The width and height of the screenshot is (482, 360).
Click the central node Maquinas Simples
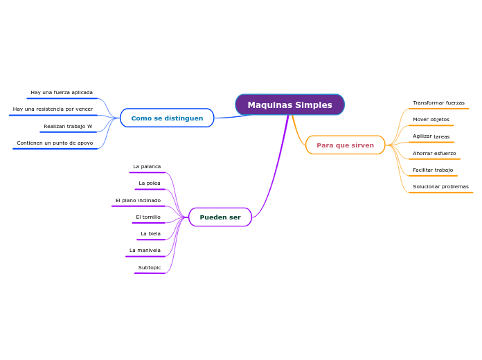pos(289,105)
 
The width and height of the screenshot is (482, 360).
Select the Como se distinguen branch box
pos(167,118)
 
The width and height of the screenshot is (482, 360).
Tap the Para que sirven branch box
pos(345,145)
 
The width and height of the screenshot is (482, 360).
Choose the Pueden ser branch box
pos(220,217)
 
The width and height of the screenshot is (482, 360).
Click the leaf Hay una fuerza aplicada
pos(62,92)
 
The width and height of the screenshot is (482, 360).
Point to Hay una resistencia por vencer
pos(53,109)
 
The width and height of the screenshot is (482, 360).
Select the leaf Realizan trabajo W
pos(68,127)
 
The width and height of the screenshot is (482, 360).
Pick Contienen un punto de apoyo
pos(55,143)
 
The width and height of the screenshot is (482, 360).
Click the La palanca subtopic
pos(147,167)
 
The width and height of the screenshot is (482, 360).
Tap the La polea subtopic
pos(150,183)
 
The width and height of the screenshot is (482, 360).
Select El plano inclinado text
pos(138,201)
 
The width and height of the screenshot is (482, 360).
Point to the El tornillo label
pos(148,217)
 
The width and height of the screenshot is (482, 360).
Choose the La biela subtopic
pos(150,234)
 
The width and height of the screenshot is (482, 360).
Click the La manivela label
pos(145,251)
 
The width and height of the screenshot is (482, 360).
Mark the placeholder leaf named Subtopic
pos(150,268)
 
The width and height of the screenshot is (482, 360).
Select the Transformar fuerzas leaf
pos(438,103)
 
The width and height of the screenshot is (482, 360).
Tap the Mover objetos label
pos(431,120)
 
